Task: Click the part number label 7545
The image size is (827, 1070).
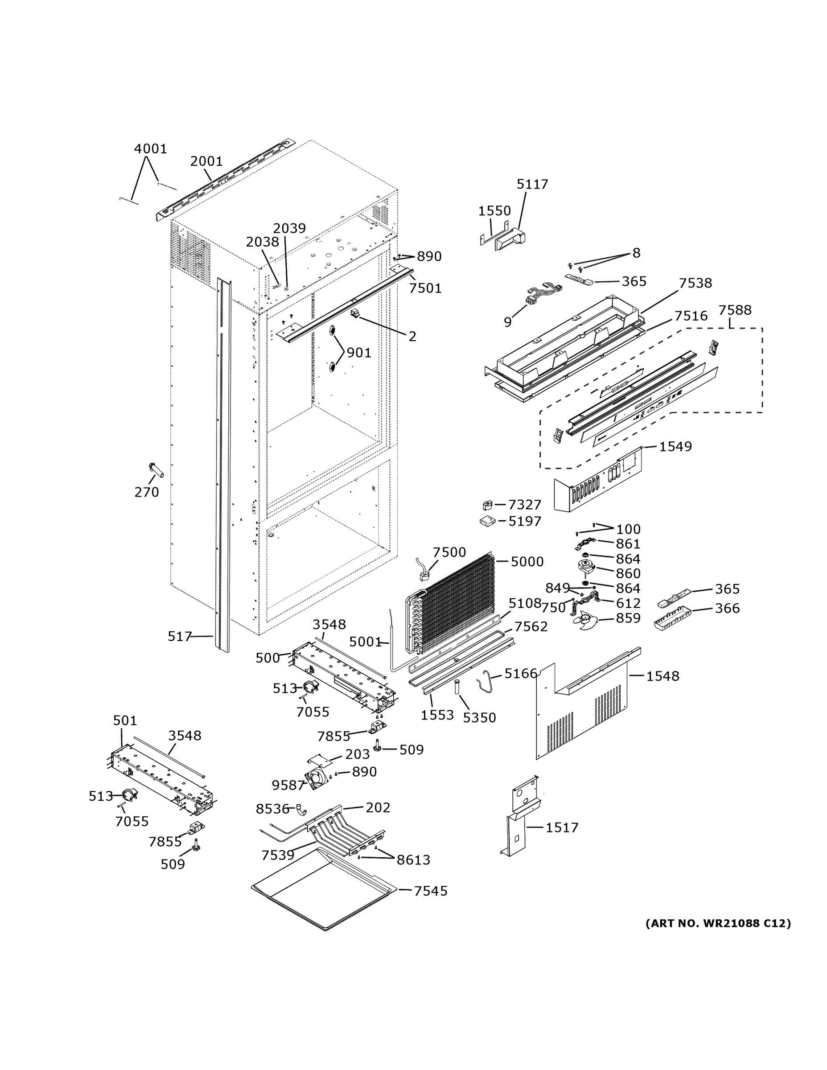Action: pyautogui.click(x=431, y=891)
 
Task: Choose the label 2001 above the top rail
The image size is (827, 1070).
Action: pyautogui.click(x=206, y=161)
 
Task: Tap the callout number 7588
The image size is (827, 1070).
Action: pyautogui.click(x=734, y=310)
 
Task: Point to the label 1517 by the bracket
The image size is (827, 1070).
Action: pyautogui.click(x=562, y=827)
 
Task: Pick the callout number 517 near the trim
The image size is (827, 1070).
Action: pyautogui.click(x=179, y=636)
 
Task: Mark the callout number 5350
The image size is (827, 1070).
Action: pyautogui.click(x=479, y=717)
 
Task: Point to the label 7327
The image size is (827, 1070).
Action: pyautogui.click(x=524, y=505)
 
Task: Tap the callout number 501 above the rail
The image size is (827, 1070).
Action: pyautogui.click(x=125, y=720)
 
